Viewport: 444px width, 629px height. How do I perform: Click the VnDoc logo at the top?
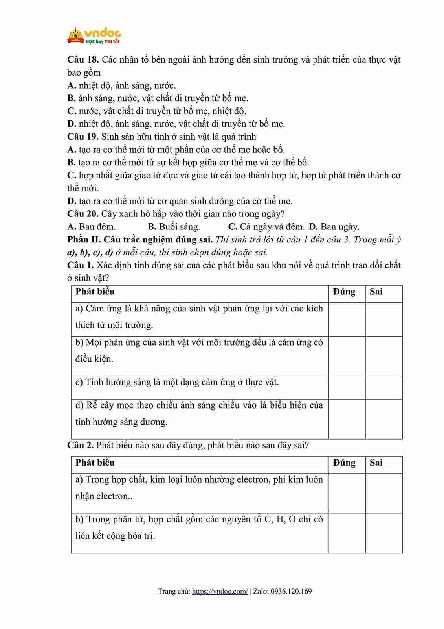pyautogui.click(x=94, y=35)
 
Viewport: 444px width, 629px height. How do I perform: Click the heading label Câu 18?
pyautogui.click(x=83, y=60)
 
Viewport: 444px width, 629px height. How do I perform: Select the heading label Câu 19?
pyautogui.click(x=83, y=137)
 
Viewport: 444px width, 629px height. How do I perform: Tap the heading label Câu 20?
pyautogui.click(x=83, y=214)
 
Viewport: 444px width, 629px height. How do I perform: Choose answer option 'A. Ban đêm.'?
pyautogui.click(x=92, y=227)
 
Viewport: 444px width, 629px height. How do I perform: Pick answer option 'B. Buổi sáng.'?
pyautogui.click(x=174, y=227)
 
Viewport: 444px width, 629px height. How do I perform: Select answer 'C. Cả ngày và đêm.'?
pyautogui.click(x=266, y=227)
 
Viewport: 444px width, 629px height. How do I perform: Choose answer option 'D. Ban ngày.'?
pyautogui.click(x=334, y=227)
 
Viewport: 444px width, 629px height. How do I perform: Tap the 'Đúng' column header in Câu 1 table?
pyautogui.click(x=344, y=292)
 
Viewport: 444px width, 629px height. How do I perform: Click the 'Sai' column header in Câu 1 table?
pyautogui.click(x=376, y=292)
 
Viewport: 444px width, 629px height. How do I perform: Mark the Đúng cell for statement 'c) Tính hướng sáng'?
pyautogui.click(x=347, y=387)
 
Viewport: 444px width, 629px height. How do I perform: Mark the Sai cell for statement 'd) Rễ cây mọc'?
pyautogui.click(x=384, y=419)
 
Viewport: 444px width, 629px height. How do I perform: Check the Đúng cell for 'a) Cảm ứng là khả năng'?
pyautogui.click(x=347, y=319)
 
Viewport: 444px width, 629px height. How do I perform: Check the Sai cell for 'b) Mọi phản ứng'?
pyautogui.click(x=384, y=356)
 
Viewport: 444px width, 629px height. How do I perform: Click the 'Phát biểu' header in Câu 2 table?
pyautogui.click(x=95, y=463)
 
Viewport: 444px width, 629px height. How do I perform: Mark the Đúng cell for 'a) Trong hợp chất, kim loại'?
pyautogui.click(x=347, y=493)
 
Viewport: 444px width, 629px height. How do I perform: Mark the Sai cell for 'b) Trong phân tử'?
pyautogui.click(x=384, y=533)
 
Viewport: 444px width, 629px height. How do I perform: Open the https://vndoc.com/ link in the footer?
pyautogui.click(x=220, y=592)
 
